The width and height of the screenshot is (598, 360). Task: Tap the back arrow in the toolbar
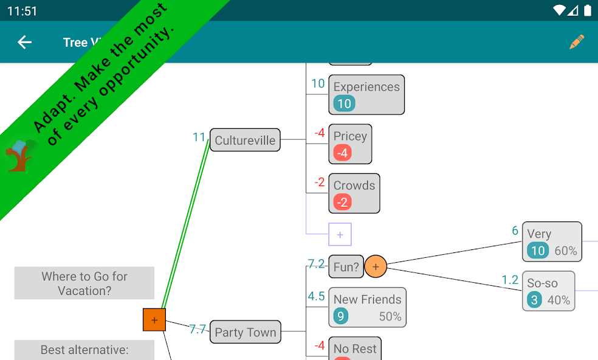coord(24,42)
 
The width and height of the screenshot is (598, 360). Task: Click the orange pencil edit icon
coord(576,42)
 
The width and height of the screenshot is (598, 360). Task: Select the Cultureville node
coord(245,140)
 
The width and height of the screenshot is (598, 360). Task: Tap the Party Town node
coord(245,332)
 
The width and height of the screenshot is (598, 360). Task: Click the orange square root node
coord(154,320)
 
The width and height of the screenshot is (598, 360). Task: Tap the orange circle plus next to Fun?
coord(376,266)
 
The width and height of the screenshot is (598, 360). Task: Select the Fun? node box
coord(346,266)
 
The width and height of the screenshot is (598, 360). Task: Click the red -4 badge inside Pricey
coord(343,153)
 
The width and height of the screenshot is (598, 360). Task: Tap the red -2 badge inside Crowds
coord(343,202)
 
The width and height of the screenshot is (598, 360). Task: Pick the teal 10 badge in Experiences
coord(344,103)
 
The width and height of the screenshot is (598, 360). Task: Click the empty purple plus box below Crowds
coord(340,234)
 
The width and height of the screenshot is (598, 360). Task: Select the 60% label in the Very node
coord(565,251)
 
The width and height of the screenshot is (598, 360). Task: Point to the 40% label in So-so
coord(558,300)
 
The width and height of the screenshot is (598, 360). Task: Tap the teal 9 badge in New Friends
coord(341,316)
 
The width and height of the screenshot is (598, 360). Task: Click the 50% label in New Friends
coord(390,316)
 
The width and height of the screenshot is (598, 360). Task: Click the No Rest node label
coord(355,348)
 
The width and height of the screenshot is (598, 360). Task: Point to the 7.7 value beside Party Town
coord(198,330)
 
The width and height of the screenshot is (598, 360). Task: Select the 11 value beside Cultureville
coord(199,137)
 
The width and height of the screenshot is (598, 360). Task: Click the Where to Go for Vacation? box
coord(84,283)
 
